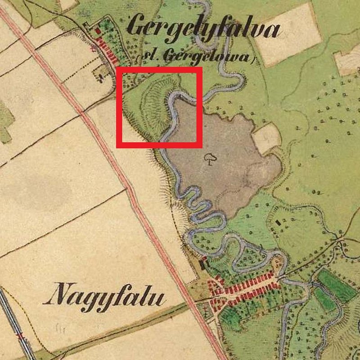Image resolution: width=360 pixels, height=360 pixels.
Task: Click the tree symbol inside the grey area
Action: coord(209,157)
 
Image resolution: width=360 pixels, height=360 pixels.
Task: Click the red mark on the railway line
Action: coord(19,336)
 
